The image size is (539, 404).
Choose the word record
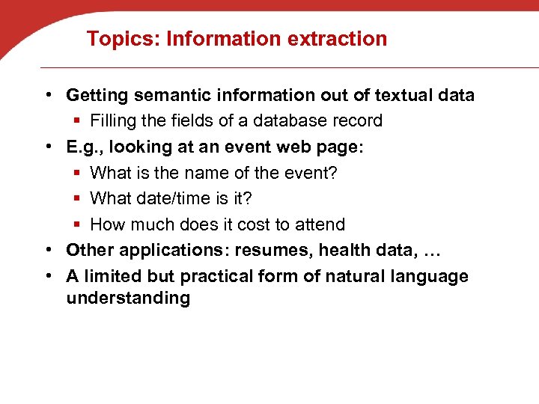pos(359,120)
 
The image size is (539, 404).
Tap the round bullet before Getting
pos(47,95)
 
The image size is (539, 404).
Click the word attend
pos(321,224)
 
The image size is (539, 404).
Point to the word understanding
pos(128,299)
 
